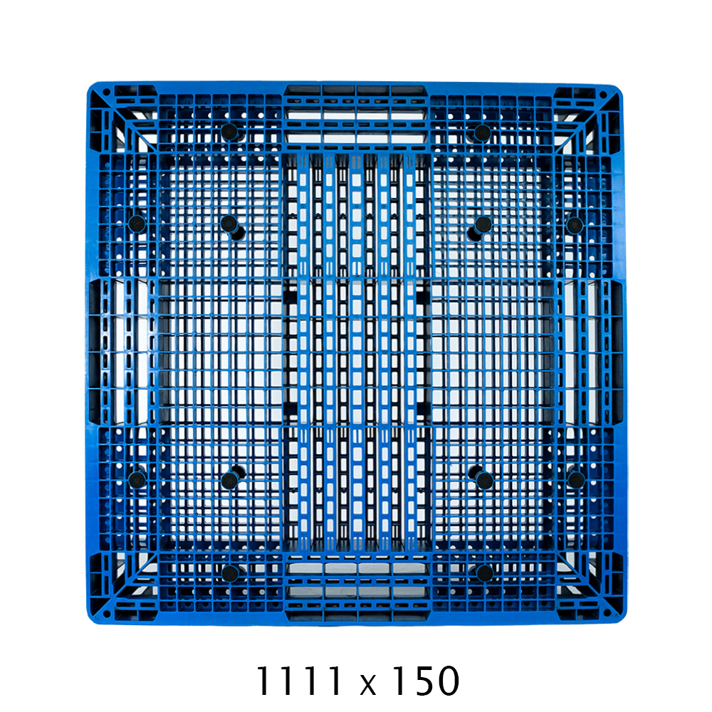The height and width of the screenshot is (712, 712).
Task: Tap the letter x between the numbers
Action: pyautogui.click(x=368, y=685)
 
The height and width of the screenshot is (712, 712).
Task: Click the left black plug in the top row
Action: pyautogui.click(x=230, y=132)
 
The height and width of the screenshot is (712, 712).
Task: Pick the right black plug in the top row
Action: pyautogui.click(x=482, y=133)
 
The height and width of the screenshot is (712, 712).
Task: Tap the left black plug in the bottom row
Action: pyautogui.click(x=230, y=573)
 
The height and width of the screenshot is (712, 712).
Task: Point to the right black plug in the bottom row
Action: pyautogui.click(x=484, y=573)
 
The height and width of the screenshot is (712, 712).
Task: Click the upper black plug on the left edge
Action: pyautogui.click(x=137, y=224)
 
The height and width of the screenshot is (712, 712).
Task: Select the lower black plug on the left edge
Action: pyautogui.click(x=137, y=479)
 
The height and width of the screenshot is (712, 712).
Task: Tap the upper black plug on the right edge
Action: pyautogui.click(x=575, y=225)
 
